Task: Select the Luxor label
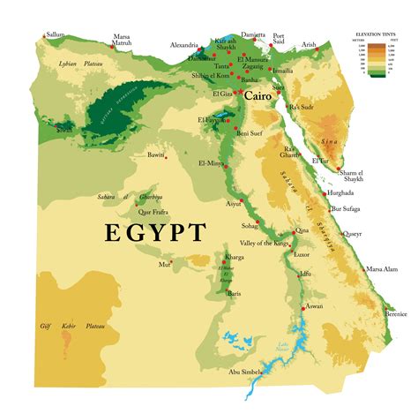click(x=302, y=254)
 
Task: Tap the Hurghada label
click(x=340, y=192)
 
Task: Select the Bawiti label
click(x=156, y=154)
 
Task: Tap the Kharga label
click(x=235, y=257)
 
